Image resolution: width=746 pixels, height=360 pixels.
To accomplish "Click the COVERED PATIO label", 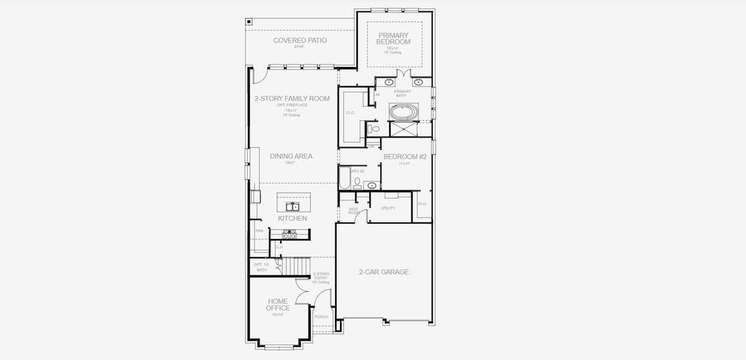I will pos(299,41).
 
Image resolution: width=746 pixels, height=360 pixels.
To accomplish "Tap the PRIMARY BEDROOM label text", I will pos(393,39).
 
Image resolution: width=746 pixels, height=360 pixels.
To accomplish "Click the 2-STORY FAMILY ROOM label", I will pos(292,98).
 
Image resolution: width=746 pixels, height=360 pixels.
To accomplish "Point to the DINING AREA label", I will pos(291,156).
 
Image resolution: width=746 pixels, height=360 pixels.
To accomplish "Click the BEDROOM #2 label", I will pos(405,157).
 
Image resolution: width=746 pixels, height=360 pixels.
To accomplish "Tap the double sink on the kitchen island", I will pos(292,207).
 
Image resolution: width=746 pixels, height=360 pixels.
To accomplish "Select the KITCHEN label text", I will pos(292,218).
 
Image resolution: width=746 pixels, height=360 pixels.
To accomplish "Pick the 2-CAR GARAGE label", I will pos(384,272).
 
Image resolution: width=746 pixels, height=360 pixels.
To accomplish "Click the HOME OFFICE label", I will pos(278,305).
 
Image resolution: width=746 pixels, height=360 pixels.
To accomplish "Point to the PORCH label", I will pos(321,317).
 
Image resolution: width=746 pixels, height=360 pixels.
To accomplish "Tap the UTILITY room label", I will pos(388,208).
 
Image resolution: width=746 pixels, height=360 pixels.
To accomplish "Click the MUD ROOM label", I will pos(353,211).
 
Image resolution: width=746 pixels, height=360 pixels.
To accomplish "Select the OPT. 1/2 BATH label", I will pos(261,267).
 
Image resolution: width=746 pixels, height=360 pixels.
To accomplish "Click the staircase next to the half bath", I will pos(297,265).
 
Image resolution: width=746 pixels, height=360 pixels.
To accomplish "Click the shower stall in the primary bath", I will pos(409,129).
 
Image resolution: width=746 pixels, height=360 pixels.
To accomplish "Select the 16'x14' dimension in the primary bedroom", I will pos(393,48).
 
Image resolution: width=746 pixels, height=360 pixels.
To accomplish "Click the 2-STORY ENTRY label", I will pos(320,277).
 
